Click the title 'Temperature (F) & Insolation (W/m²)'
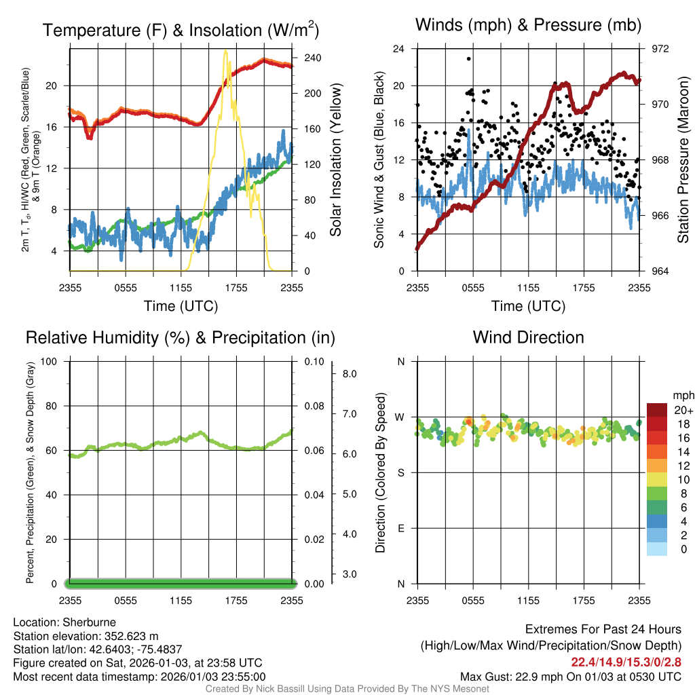pyautogui.click(x=181, y=30)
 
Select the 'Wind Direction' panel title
pyautogui.click(x=528, y=337)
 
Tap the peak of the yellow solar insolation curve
pyautogui.click(x=225, y=51)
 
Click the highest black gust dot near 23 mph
pyautogui.click(x=469, y=58)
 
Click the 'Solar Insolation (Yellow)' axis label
pyautogui.click(x=335, y=159)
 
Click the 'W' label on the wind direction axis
pyautogui.click(x=400, y=417)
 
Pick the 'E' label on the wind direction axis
pyautogui.click(x=400, y=528)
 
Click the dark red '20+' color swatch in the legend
pyautogui.click(x=658, y=410)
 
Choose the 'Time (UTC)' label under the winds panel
pyautogui.click(x=528, y=306)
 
